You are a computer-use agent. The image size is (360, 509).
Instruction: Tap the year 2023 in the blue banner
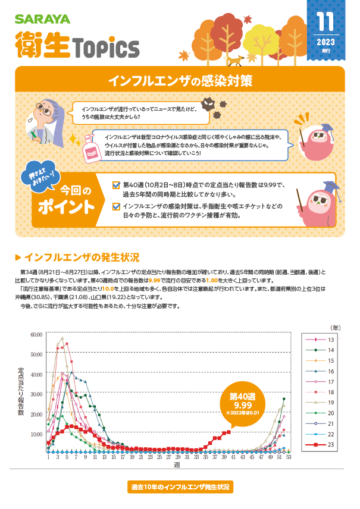pyautogui.click(x=325, y=42)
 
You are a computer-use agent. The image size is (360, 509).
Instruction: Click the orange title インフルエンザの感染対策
pyautogui.click(x=179, y=80)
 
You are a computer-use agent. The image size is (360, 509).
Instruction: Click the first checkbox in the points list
pyautogui.click(x=116, y=185)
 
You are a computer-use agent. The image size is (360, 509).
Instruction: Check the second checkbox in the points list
pyautogui.click(x=116, y=207)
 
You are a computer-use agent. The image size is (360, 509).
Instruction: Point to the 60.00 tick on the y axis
pyautogui.click(x=36, y=335)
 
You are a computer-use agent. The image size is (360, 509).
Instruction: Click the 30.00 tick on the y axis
pyautogui.click(x=36, y=394)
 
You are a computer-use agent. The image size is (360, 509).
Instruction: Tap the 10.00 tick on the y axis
pyautogui.click(x=36, y=433)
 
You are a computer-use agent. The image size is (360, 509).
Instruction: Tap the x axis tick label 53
pyautogui.click(x=289, y=457)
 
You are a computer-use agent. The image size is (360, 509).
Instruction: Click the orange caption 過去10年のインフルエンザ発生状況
pyautogui.click(x=180, y=487)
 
